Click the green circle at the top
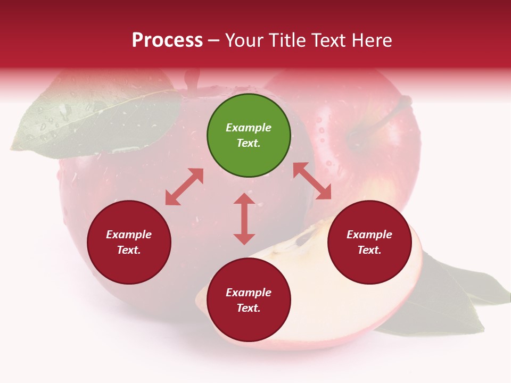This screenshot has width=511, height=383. coord(249,135)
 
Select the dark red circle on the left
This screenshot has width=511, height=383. coord(129,242)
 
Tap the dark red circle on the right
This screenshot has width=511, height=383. coord(369,242)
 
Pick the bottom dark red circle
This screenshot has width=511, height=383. coord(249,300)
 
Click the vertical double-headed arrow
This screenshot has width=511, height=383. coord(244,219)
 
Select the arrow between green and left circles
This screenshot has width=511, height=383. coord(184,187)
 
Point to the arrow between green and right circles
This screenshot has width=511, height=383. coord(312,181)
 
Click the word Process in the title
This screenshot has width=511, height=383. coord(167,40)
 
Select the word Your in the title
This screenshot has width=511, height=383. coord(245,40)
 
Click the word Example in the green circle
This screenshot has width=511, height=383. coord(249,128)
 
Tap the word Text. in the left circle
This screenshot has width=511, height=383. coord(129,250)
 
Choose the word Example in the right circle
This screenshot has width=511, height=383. coord(369,235)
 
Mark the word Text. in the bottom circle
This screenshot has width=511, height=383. coord(249,308)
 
